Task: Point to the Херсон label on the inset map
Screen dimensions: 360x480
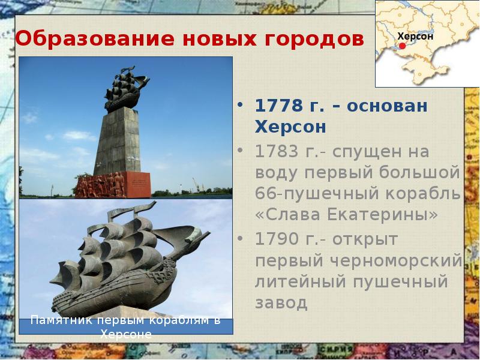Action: pos(415,36)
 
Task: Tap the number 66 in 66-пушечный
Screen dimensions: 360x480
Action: pos(265,194)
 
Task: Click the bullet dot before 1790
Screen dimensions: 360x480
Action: pos(241,238)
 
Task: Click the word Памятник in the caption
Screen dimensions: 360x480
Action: pos(59,320)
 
